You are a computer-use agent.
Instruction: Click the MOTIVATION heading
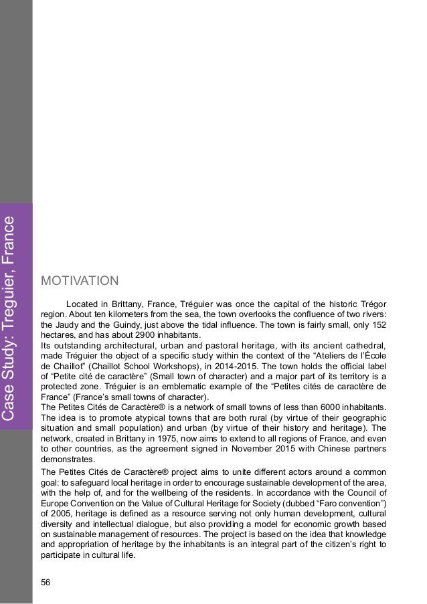(x=80, y=278)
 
